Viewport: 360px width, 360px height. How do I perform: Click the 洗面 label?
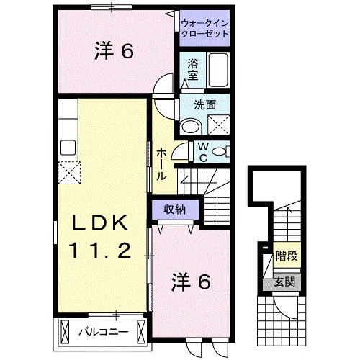(204, 104)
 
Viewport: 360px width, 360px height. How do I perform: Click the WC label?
(203, 151)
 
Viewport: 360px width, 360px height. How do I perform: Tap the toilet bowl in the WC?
(225, 150)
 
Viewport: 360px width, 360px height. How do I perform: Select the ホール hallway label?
(163, 165)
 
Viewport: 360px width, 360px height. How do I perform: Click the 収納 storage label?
(174, 210)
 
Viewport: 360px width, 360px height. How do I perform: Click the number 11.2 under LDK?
(99, 251)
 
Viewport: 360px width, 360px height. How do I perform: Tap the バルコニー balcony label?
(103, 332)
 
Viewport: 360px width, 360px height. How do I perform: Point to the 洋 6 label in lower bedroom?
(191, 283)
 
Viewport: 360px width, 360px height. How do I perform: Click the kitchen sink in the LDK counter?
(69, 148)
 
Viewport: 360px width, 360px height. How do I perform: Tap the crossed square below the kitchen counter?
(69, 172)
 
